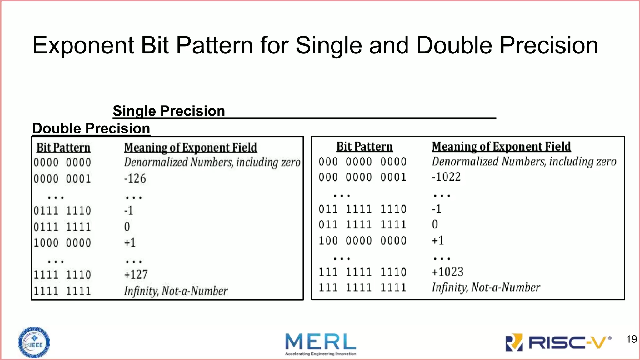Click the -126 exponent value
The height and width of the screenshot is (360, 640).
(x=135, y=179)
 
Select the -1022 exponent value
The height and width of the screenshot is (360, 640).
(x=446, y=177)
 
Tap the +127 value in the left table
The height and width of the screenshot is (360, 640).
(x=136, y=275)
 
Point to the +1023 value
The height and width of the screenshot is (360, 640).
(x=447, y=272)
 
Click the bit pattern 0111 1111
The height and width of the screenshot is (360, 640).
(x=62, y=227)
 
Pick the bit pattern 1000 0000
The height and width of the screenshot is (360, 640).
(x=62, y=243)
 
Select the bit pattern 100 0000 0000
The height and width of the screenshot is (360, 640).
(x=362, y=241)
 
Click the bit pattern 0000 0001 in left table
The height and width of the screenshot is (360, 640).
(x=62, y=179)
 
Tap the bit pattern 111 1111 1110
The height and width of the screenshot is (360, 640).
(x=362, y=272)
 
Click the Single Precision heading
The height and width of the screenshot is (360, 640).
(x=169, y=111)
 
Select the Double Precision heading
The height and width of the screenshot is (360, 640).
(x=91, y=128)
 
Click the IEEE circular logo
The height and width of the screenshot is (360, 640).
(x=34, y=342)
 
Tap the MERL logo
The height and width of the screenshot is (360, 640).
(x=321, y=343)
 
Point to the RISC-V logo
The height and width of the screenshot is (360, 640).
(x=558, y=342)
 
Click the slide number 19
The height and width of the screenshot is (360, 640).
(x=631, y=339)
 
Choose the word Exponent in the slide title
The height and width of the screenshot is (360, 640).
(x=83, y=46)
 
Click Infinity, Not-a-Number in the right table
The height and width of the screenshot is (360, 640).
(x=486, y=287)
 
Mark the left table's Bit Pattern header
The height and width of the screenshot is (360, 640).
(x=63, y=147)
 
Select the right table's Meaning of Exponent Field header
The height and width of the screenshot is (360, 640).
(x=501, y=147)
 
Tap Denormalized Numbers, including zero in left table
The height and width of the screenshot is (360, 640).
(x=212, y=162)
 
